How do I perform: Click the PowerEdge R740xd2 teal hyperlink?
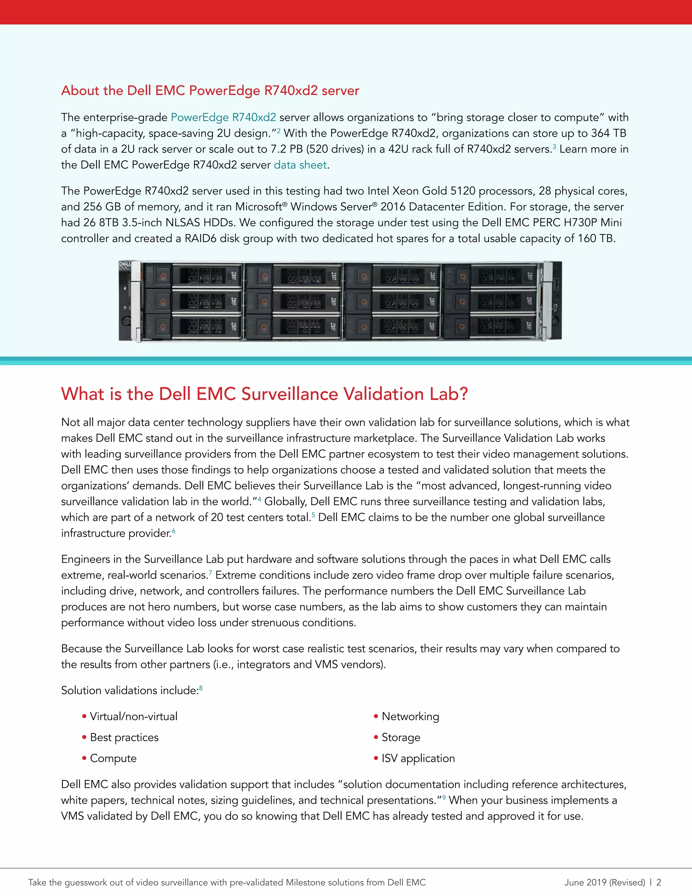pos(223,117)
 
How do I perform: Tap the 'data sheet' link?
pos(300,165)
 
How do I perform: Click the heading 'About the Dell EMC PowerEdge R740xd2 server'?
pos(210,90)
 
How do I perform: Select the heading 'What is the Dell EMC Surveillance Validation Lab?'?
pos(265,394)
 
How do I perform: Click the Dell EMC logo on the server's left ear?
pos(124,266)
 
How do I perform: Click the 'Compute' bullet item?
pos(113,758)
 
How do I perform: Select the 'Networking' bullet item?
pos(410,716)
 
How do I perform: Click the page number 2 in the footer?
pos(659,882)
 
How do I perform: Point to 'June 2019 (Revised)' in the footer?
pos(605,882)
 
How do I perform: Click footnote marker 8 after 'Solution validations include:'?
pos(201,688)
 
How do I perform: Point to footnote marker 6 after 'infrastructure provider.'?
pos(173,531)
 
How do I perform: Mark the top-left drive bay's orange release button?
pos(163,276)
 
